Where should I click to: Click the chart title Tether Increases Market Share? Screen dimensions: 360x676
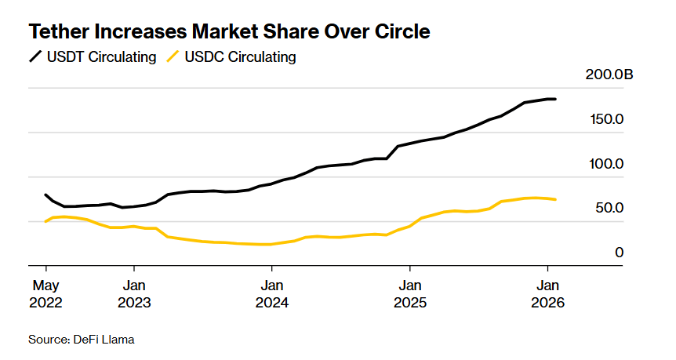[x=229, y=32]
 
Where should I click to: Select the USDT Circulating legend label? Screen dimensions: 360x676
[x=103, y=57]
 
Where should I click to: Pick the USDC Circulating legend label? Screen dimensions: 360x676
[x=240, y=57]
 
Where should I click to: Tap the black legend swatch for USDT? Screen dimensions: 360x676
[x=36, y=57]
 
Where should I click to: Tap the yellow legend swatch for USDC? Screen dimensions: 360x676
[x=173, y=57]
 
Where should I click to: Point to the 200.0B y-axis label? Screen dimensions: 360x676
[x=609, y=75]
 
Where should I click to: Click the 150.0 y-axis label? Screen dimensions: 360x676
[x=608, y=119]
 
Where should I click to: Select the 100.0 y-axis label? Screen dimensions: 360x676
[x=608, y=164]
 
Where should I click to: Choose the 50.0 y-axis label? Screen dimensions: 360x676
[x=609, y=208]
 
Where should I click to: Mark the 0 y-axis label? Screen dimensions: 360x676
[x=619, y=253]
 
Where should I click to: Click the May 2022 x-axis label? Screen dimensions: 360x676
[x=45, y=293]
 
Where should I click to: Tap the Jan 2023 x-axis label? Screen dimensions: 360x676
[x=134, y=293]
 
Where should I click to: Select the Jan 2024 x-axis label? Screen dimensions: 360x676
[x=271, y=293]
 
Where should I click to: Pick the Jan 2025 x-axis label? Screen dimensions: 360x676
[x=409, y=293]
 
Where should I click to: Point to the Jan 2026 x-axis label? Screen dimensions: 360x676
[x=547, y=293]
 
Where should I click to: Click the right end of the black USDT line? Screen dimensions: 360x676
[x=555, y=99]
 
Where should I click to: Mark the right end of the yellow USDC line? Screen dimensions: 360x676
[x=556, y=199]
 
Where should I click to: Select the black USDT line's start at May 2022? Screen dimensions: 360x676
[x=46, y=195]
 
